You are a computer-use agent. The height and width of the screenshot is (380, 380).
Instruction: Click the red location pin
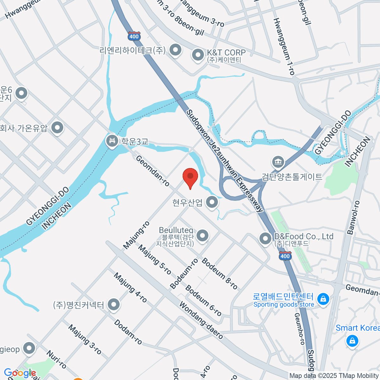point(190,176)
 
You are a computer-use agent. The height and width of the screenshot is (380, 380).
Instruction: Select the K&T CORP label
point(226,53)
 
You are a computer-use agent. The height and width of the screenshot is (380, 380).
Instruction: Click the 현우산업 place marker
point(212,202)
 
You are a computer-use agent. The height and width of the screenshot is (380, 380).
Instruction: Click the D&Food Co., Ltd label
point(303,237)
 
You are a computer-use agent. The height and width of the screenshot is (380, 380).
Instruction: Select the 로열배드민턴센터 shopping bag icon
point(323,299)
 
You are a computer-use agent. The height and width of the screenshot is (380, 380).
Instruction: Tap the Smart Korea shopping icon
point(352,341)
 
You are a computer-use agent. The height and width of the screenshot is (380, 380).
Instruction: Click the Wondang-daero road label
point(201,320)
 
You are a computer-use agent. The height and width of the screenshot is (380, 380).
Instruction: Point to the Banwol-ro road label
point(353,218)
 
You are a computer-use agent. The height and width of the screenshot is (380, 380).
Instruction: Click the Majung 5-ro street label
point(155,260)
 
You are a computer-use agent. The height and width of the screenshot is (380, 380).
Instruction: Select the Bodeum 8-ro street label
point(219,274)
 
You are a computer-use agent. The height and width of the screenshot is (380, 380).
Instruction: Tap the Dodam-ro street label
point(128,332)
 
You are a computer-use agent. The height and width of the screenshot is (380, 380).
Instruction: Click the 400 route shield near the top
point(134,36)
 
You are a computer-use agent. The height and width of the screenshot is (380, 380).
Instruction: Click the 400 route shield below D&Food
point(285,256)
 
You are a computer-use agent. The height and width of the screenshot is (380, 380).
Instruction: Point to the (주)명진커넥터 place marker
point(113,305)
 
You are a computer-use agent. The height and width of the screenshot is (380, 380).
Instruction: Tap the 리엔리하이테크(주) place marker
point(175,50)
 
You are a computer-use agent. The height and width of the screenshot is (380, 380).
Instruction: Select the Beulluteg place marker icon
point(202,236)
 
